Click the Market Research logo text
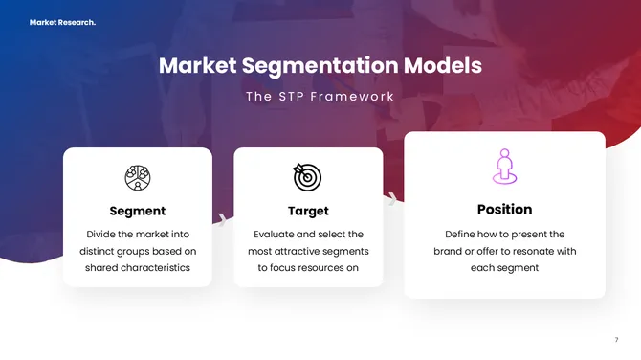coord(62,22)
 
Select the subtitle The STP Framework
coord(320,97)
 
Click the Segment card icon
coord(138,177)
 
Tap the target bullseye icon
coord(308,176)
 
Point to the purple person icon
coord(504,168)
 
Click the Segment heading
coord(138,211)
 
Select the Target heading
coord(308,211)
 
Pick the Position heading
coord(504,209)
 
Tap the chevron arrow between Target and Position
coord(392,199)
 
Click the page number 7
coord(616,340)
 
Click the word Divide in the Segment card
coord(103,234)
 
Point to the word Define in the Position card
coord(463,234)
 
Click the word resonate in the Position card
coord(535,251)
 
